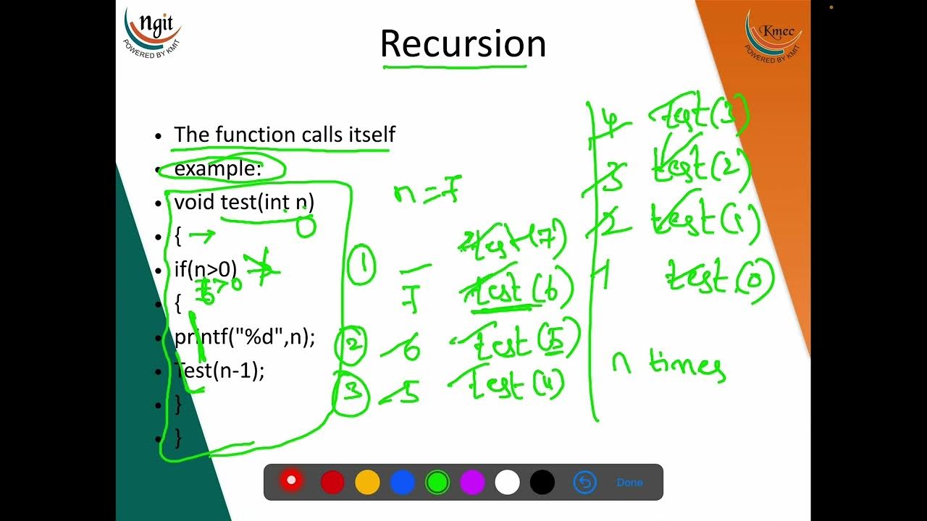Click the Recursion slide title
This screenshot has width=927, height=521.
pos(463,43)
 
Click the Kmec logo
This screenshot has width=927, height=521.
pos(773,35)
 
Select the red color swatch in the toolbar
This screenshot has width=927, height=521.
pos(332,482)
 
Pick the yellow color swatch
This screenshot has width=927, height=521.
pos(367,482)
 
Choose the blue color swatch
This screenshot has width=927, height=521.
pos(402,482)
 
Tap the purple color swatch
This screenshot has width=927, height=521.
pos(472,482)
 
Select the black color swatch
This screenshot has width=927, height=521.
pos(542,482)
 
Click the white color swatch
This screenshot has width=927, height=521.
pos(507,482)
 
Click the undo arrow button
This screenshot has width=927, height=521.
pos(584,482)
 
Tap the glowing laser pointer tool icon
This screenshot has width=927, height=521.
pos(291,480)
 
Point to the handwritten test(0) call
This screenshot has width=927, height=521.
pos(719,278)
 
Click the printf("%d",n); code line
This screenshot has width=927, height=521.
pos(245,337)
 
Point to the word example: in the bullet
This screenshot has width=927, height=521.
pos(218,169)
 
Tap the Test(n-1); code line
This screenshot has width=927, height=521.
pos(219,370)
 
